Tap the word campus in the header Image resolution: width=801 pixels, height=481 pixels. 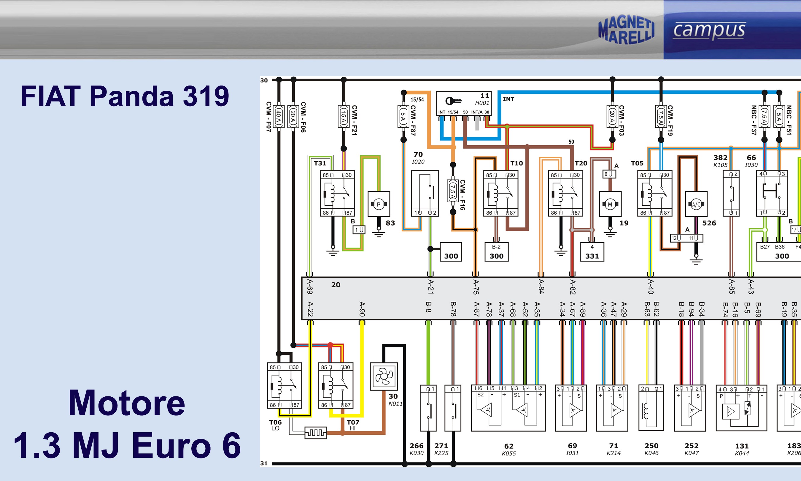point(709,31)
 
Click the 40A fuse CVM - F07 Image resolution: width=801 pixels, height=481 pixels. point(279,116)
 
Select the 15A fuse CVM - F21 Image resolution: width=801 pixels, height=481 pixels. point(344,116)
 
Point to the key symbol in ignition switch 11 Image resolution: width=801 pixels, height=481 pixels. point(453,101)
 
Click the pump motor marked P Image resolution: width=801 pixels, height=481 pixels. point(379,204)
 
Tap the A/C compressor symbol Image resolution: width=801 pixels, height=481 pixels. point(696,204)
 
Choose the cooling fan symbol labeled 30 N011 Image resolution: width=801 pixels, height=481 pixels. point(384,376)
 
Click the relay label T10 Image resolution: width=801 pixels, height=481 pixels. point(516,163)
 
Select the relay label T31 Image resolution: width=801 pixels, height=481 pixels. point(320,163)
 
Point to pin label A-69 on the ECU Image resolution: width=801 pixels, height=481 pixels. point(309,287)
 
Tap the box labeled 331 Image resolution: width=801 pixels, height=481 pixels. point(592,252)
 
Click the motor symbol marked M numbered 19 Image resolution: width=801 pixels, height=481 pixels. point(610,204)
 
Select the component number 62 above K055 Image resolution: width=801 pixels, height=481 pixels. point(509,446)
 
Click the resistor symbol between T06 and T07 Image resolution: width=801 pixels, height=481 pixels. point(316,433)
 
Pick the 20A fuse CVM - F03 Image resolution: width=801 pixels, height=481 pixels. point(612,116)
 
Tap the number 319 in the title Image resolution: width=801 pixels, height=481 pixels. point(206,96)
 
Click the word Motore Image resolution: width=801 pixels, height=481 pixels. point(127,403)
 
